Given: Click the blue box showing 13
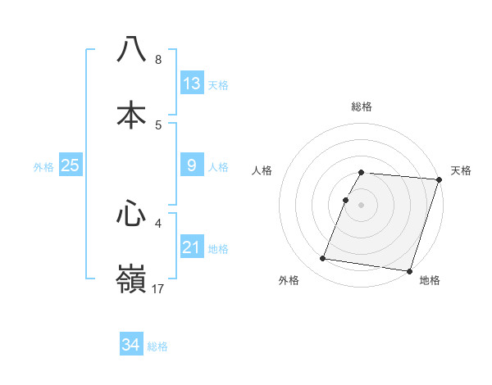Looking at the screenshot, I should click(192, 83).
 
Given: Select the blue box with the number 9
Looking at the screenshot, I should click(192, 165).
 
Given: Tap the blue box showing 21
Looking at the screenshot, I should click(192, 247).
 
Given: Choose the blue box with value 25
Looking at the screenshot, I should click(71, 165).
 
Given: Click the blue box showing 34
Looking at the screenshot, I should click(130, 345).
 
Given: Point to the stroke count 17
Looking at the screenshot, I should click(159, 288).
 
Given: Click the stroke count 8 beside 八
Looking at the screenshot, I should click(158, 60).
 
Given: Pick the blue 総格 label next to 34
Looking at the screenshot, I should click(157, 346).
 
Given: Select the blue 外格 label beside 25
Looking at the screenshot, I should click(43, 167).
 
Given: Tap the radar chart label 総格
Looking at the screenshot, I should click(362, 106).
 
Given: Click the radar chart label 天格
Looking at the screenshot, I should click(461, 170).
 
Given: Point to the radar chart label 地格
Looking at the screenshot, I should click(430, 280).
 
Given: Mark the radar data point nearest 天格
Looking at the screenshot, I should click(439, 179).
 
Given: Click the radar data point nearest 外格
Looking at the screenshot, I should click(323, 259).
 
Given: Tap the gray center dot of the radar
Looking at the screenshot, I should click(362, 204).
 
